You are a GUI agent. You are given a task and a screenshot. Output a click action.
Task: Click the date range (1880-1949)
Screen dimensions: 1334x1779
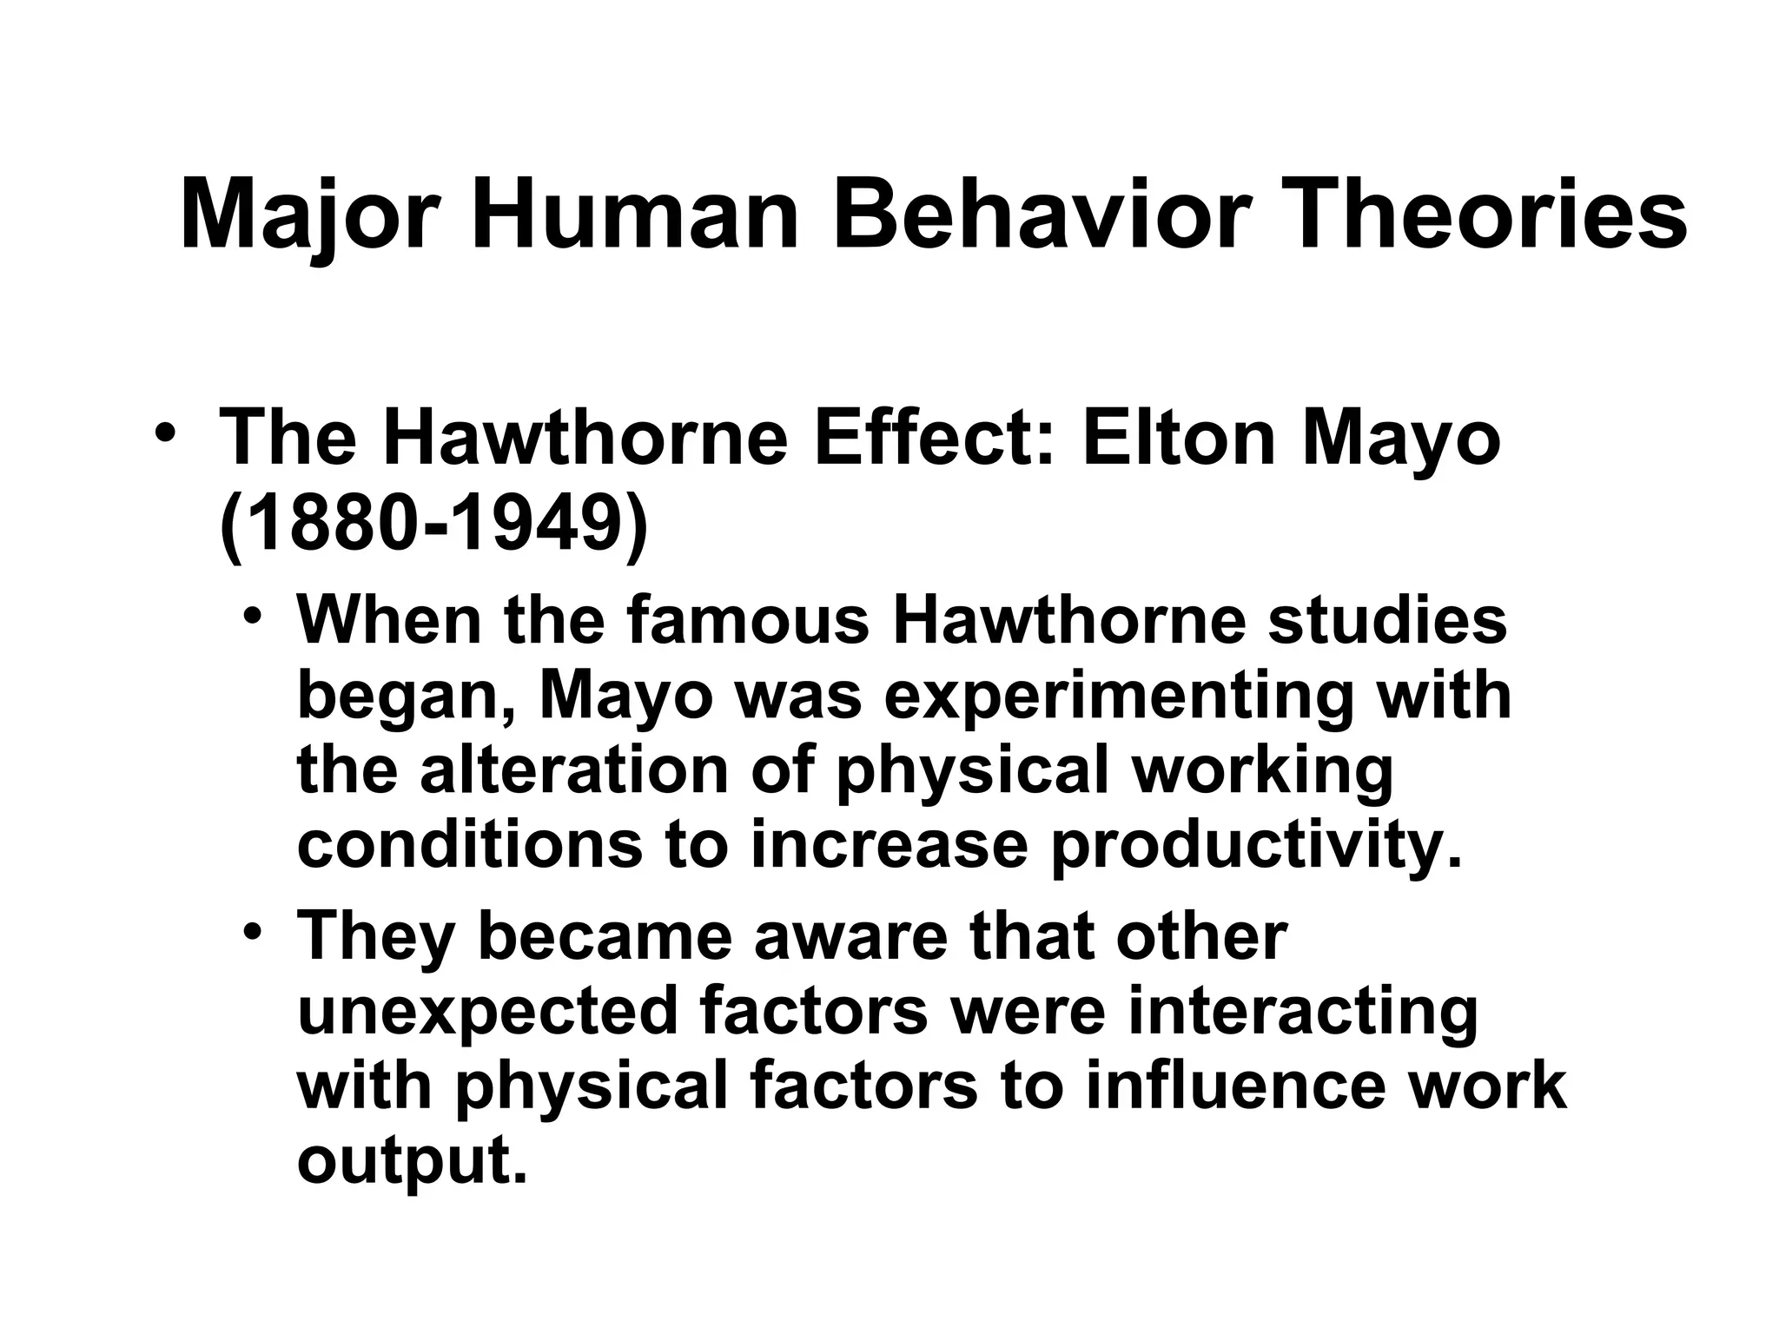click(433, 526)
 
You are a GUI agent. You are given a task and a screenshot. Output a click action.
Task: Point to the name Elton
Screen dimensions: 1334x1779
click(1176, 438)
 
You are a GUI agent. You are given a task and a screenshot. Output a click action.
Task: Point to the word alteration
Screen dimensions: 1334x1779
click(574, 770)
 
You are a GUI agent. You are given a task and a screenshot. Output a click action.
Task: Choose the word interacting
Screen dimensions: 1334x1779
click(1302, 1012)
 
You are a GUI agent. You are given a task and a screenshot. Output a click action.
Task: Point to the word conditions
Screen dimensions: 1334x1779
click(470, 845)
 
